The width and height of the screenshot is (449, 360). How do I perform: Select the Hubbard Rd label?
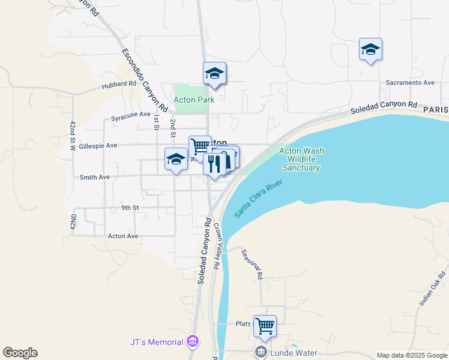coord(119,84)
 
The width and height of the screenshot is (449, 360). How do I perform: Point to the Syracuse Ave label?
coord(131,114)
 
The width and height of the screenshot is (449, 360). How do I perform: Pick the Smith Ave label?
coord(95,177)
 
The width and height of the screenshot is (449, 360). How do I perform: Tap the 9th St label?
coord(130,208)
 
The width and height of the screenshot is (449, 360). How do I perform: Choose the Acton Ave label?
coord(123,236)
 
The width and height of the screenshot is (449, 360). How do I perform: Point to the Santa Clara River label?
coord(259,199)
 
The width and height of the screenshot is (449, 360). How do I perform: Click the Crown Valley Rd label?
coord(217,246)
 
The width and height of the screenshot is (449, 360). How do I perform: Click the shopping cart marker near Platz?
coord(265,326)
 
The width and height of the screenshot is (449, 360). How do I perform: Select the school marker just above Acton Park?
coord(214,73)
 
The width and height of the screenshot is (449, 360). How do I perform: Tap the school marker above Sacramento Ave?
coord(370,49)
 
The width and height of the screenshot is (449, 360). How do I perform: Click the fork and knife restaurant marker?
coord(214,163)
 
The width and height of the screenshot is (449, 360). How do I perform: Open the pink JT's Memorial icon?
coord(193,342)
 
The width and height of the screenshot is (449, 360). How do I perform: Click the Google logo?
coord(20,353)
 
